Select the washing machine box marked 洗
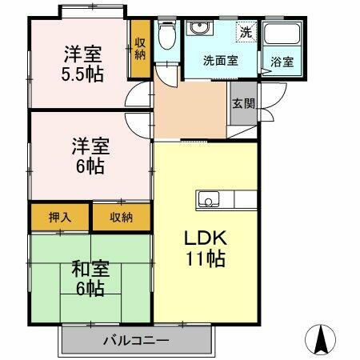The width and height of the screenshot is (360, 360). click(x=245, y=34)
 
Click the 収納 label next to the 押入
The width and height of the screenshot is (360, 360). click(x=122, y=217)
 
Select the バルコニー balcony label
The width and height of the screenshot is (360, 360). click(x=135, y=341)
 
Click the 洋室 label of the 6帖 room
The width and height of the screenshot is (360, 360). click(x=90, y=148)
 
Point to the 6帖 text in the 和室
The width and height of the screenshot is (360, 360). click(x=90, y=290)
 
